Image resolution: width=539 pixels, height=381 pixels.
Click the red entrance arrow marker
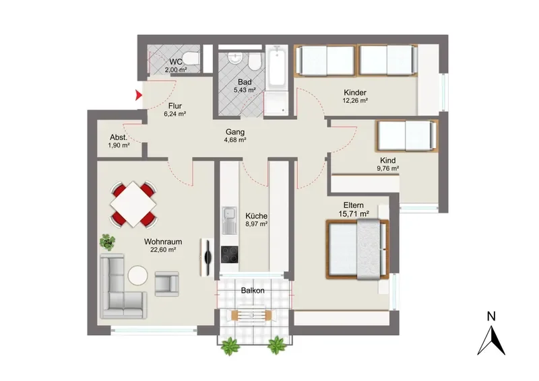point(138,94)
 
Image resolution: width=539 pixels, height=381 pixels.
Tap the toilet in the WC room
point(191,58)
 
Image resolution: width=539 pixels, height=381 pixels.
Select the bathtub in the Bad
point(277,68)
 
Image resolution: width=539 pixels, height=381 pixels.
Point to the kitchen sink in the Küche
point(229,221)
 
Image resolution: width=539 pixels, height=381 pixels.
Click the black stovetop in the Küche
point(229,254)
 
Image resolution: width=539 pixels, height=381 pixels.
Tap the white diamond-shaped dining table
point(133,204)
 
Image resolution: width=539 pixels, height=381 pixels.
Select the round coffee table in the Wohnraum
point(138,275)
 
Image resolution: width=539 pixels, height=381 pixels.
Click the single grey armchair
point(166,284)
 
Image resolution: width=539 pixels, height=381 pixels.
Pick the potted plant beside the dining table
point(108,242)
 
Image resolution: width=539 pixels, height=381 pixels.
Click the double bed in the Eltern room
point(358,249)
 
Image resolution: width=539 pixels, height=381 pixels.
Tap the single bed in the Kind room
point(407,136)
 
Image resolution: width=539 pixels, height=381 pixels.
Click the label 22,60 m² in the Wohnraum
point(163,250)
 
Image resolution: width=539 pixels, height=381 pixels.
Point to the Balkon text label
point(253,290)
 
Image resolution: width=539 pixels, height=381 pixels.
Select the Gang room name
point(235,132)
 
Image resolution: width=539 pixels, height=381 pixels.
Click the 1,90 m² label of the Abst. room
point(119,145)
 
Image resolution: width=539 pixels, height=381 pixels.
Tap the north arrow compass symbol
point(491,341)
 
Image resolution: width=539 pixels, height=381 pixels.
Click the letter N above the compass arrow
point(491,316)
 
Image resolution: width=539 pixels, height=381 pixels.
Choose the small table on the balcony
point(252,314)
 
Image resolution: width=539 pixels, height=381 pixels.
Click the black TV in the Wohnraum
point(208,256)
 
